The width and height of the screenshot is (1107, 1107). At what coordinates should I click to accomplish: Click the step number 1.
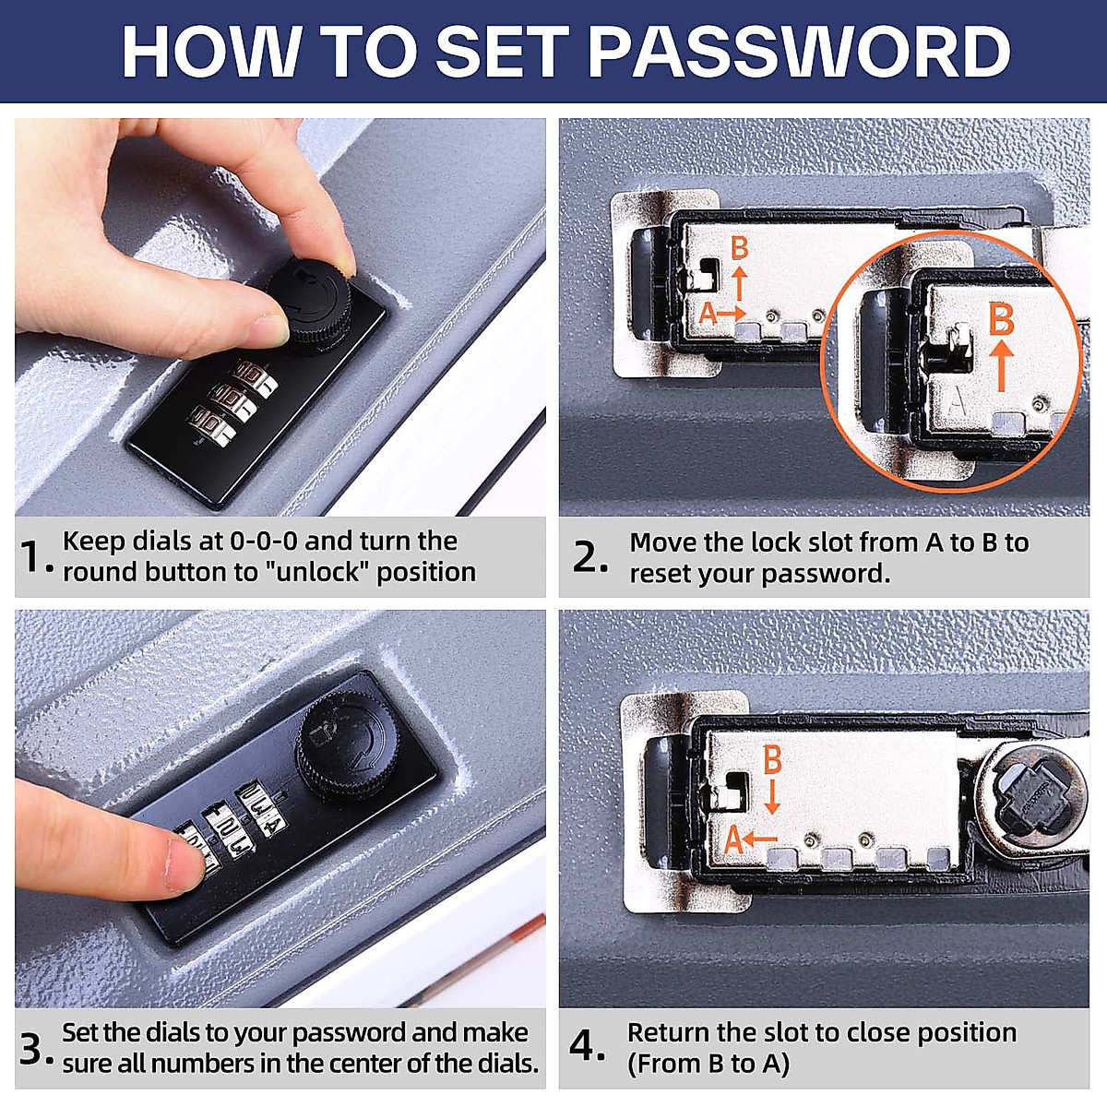click(32, 557)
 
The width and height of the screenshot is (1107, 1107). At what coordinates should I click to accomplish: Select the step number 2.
click(588, 557)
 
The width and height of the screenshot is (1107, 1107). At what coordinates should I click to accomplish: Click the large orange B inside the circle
click(1001, 320)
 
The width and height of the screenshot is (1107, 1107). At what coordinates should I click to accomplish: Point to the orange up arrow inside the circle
click(1003, 364)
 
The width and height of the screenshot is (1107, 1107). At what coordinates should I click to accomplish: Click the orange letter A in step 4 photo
click(733, 841)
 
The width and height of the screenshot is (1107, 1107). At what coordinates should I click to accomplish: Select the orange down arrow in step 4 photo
click(773, 796)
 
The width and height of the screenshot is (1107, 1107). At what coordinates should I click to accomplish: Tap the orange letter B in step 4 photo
click(772, 759)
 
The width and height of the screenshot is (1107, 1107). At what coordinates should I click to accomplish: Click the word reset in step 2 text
click(664, 574)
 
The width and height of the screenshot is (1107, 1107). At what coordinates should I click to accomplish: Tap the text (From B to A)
click(708, 1064)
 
